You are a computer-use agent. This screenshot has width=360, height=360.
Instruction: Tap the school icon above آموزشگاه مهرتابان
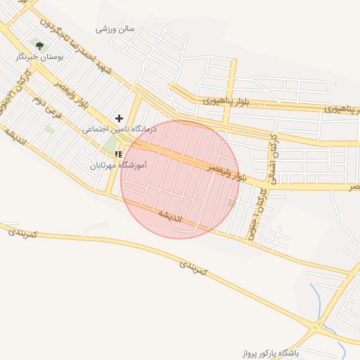pos(118,154)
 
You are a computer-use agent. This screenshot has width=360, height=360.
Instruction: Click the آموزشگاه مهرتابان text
pos(112,167)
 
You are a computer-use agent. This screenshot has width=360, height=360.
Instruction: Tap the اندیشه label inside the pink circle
pos(169,213)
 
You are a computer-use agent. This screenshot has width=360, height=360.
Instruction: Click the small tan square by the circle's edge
pos(231,204)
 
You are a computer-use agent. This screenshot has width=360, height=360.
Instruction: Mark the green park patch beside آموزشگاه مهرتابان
pos(110,143)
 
